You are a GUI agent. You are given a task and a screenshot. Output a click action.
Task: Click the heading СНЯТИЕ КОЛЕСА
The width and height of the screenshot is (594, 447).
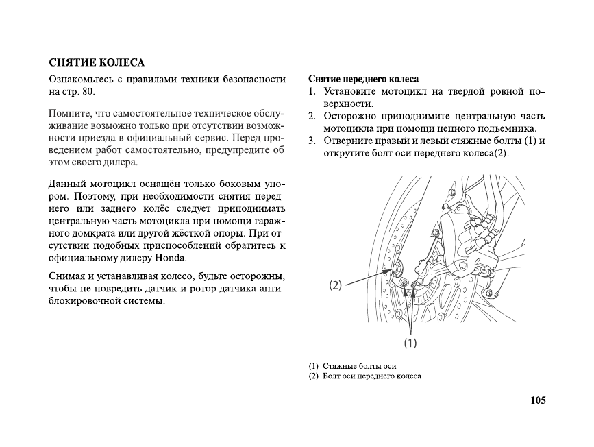click(x=96, y=63)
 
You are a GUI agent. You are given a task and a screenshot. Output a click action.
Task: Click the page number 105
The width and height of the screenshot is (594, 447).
click(x=538, y=400)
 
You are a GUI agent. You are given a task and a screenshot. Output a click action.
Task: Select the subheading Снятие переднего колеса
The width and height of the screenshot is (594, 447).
click(x=363, y=79)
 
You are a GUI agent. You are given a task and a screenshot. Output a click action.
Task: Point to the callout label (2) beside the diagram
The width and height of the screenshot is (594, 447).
click(x=335, y=285)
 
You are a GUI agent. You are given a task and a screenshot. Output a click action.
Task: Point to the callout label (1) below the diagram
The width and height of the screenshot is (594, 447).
click(x=410, y=341)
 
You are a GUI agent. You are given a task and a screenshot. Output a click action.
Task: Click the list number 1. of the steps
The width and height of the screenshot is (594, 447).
click(x=311, y=91)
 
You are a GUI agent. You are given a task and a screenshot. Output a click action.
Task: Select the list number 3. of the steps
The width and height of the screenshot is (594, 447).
click(x=311, y=141)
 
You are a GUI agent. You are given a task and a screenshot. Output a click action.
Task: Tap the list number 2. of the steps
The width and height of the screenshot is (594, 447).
click(x=311, y=116)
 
